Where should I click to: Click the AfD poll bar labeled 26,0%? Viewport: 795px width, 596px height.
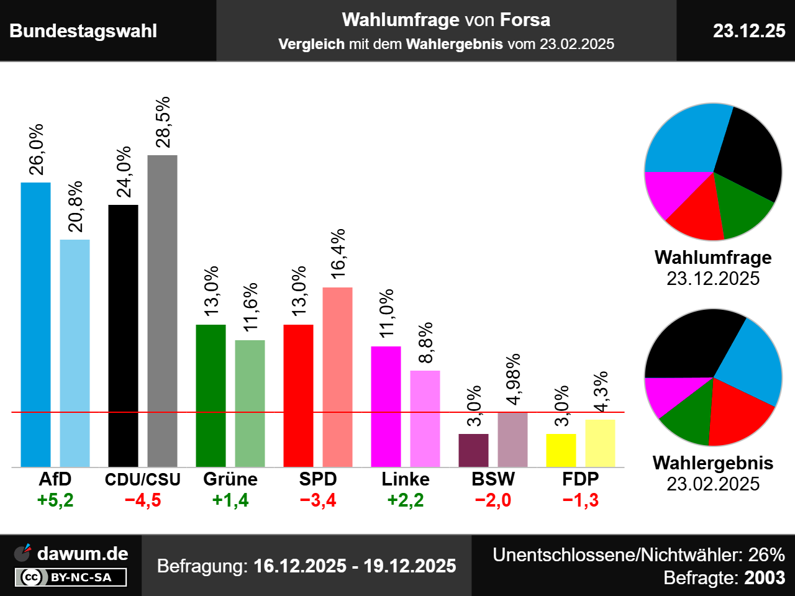tap(35, 324)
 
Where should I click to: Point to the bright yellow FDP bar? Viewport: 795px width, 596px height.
tap(561, 450)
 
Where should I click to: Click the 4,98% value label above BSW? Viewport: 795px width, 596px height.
tap(513, 379)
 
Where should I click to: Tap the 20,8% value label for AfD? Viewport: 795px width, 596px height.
tap(75, 207)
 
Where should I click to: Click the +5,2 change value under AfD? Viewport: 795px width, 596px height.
tap(55, 500)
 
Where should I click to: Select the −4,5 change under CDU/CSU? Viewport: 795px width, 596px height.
tap(143, 500)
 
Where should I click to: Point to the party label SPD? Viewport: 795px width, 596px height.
tap(318, 479)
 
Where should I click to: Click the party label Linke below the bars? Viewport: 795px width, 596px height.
tap(406, 479)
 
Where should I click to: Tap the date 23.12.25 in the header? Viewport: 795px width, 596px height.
tap(749, 30)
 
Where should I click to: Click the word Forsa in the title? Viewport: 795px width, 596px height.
tap(525, 20)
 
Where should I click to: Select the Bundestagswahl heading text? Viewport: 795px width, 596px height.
tap(83, 31)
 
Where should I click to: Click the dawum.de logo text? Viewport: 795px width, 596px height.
tap(83, 554)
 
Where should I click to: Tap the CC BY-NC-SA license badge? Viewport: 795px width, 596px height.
tap(71, 577)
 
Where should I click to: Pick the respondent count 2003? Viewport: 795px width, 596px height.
tap(765, 578)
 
